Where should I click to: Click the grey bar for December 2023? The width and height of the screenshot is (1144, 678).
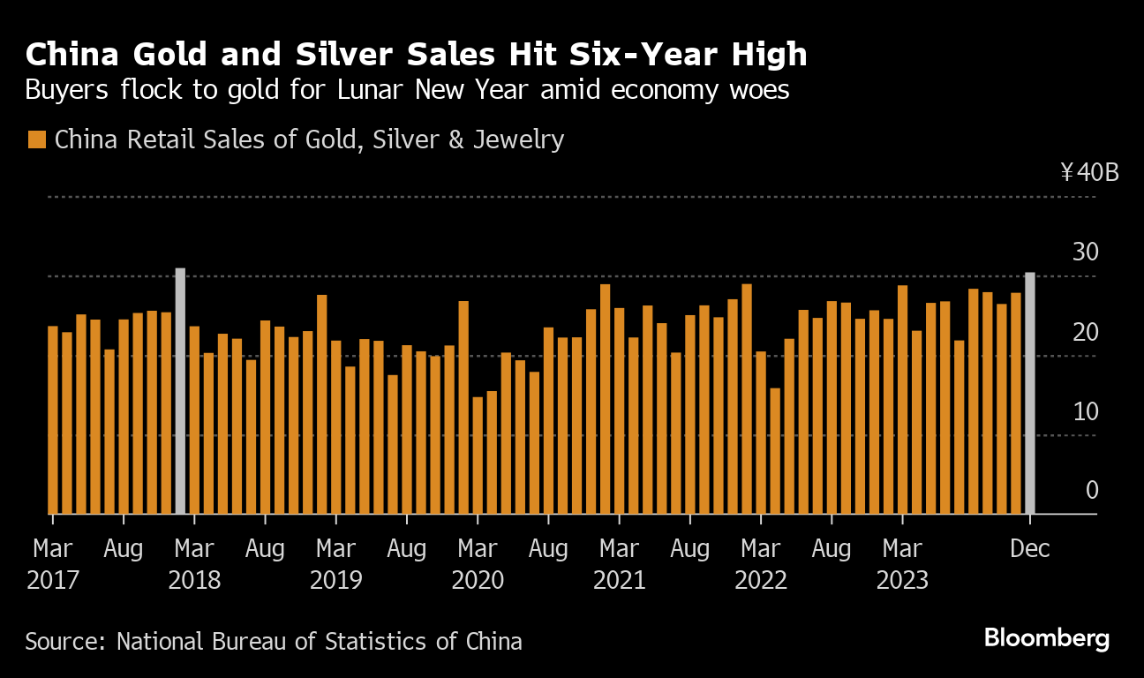[1029, 393]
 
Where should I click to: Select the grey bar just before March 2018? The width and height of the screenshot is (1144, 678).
[180, 390]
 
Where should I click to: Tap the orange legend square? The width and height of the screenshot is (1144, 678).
[37, 139]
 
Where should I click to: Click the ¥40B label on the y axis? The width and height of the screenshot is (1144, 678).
[1089, 171]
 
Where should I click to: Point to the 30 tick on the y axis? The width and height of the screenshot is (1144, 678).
[1085, 252]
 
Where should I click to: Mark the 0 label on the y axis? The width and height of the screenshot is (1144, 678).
[1092, 490]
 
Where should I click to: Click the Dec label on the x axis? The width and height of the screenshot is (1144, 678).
[1029, 548]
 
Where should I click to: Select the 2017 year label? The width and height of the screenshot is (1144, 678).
[53, 580]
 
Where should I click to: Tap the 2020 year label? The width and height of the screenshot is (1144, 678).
[478, 580]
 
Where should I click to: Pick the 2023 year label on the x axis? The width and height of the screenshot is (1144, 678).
[901, 580]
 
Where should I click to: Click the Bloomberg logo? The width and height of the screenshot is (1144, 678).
[1046, 638]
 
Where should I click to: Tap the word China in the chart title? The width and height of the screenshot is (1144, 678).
[71, 55]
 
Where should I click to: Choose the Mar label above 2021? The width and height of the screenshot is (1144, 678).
[619, 548]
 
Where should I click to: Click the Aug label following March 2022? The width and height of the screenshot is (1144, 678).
[831, 548]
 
